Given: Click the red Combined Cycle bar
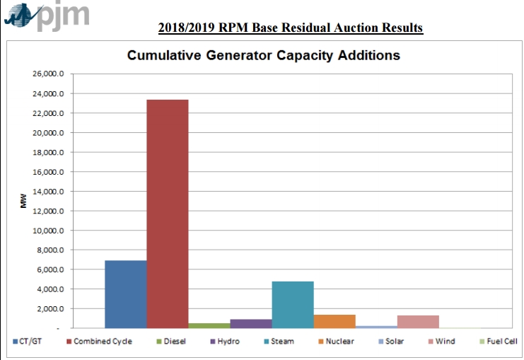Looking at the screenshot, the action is pos(168,214).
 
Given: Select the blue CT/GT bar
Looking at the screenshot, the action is pos(126,294).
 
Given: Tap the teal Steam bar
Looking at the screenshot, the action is pos(293,305).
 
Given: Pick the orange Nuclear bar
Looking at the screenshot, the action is pos(334,322).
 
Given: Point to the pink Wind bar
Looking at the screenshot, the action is pos(418,322).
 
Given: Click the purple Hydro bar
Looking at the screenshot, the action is pos(251,324).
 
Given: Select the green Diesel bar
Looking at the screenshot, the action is pos(209,326).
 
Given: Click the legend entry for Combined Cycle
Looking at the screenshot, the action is pos(100,342).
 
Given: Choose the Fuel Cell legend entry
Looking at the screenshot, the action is pos(499,342).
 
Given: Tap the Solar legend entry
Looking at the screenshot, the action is pos(391,342).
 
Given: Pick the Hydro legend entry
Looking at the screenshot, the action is pos(225,342).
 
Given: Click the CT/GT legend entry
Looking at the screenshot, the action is pos(28,342).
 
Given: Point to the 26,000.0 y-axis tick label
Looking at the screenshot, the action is pos(48,74).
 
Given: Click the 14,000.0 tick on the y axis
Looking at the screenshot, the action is pos(48,192).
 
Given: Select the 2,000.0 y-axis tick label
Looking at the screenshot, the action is pos(50,309).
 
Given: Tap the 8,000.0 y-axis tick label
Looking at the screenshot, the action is pos(50,250).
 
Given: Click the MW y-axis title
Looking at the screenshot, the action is pos(23,201).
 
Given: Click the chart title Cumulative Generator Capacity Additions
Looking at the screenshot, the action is pos(264,55).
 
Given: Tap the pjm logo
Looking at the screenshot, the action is pos(47,17).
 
